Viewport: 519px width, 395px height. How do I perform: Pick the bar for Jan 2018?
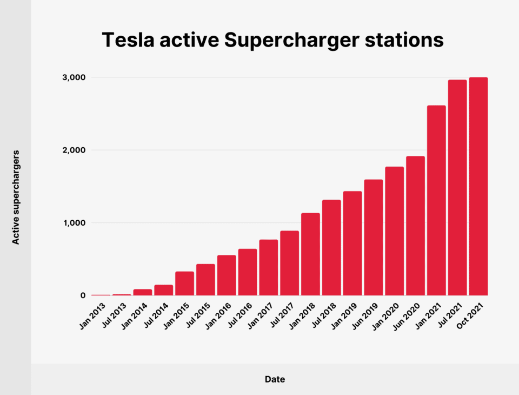(x=310, y=254)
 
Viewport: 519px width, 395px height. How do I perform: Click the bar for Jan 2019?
(x=352, y=243)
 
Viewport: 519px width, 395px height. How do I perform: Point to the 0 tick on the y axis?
(x=83, y=295)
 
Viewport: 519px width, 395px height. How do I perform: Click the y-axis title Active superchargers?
(x=16, y=198)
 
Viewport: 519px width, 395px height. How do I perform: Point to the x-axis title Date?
(x=275, y=379)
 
